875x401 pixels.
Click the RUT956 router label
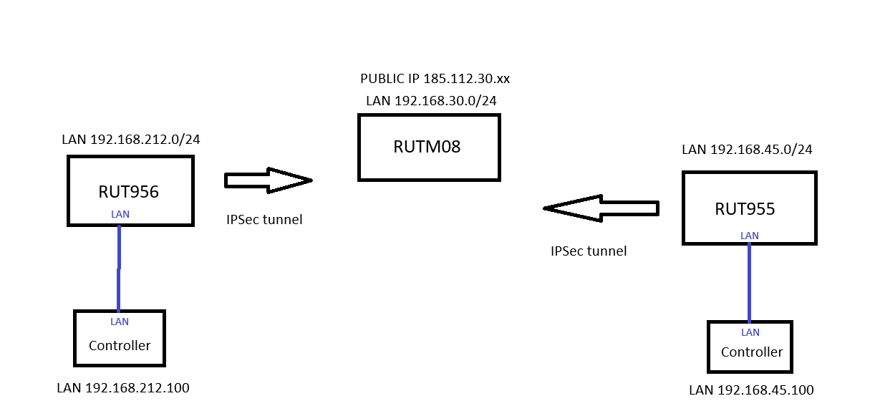pos(128,191)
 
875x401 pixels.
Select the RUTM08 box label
pos(427,147)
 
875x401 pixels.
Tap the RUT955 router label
pos(745,209)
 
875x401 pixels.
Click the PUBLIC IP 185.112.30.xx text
pos(435,79)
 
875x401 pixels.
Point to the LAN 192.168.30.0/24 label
pos(431,100)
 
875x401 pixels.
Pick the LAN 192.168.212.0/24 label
pos(131,139)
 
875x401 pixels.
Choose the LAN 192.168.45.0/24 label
pos(747,150)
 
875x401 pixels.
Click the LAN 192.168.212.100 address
pos(123,388)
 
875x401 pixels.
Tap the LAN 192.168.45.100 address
pos(751,390)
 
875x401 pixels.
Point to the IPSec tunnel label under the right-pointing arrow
pos(264,220)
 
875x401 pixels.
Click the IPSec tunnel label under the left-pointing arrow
pos(589,251)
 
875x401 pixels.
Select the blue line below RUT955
pos(749,283)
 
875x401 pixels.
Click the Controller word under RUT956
pos(120,346)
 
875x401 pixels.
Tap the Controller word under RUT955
pos(752,352)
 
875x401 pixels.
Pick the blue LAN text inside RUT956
pos(120,214)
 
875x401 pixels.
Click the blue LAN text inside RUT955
pos(750,236)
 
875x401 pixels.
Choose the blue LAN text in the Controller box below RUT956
pos(120,322)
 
